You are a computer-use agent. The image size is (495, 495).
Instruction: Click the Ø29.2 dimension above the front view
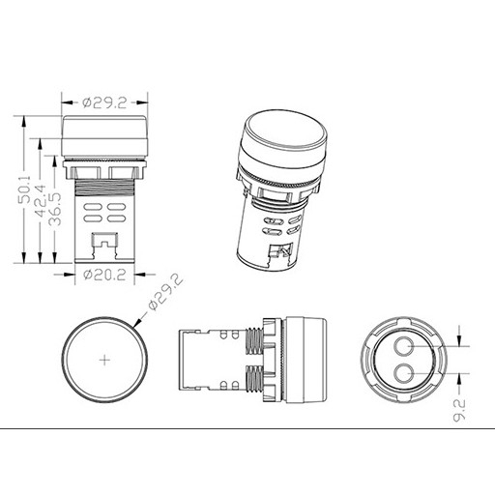tap(104, 99)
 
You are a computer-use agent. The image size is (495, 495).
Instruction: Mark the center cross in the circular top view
tap(105, 361)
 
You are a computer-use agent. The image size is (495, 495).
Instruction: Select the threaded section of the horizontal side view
tap(257, 360)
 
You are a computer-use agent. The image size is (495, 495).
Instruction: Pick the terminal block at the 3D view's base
tap(282, 253)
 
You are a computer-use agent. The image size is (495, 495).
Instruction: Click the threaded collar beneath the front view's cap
tap(104, 172)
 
